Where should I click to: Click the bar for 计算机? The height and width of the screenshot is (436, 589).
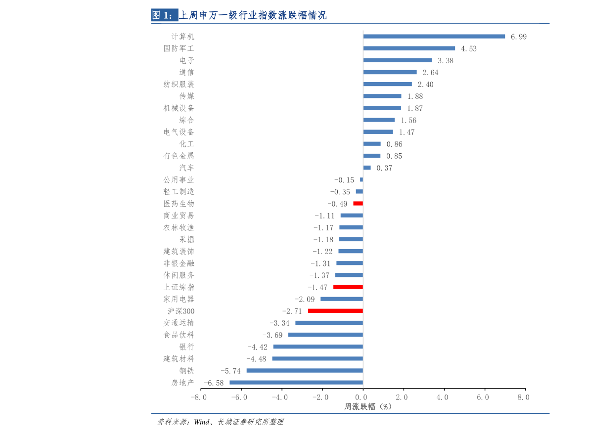pyautogui.click(x=434, y=36)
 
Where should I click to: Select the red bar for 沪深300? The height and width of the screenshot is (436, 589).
pyautogui.click(x=335, y=311)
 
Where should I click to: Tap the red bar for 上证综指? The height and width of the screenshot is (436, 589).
pyautogui.click(x=348, y=287)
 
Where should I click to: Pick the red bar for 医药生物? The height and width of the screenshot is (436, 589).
pyautogui.click(x=358, y=204)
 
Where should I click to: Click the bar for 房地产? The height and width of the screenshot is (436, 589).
pyautogui.click(x=296, y=383)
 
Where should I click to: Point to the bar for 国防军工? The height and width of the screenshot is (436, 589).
pyautogui.click(x=409, y=48)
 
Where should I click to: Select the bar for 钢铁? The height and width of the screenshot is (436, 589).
pyautogui.click(x=305, y=371)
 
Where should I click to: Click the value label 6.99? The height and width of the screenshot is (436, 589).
pyautogui.click(x=518, y=37)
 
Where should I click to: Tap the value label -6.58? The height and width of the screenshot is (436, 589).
pyautogui.click(x=214, y=383)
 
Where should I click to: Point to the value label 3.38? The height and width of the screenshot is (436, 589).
pyautogui.click(x=445, y=61)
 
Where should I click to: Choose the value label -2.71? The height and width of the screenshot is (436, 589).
pyautogui.click(x=292, y=311)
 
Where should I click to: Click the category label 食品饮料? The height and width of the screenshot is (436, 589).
pyautogui.click(x=179, y=335)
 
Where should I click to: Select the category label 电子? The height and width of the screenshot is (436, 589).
pyautogui.click(x=186, y=61)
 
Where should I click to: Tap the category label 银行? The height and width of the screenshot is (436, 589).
pyautogui.click(x=186, y=347)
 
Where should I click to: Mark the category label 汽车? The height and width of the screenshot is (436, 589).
pyautogui.click(x=186, y=168)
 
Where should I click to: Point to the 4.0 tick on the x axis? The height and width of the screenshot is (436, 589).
pyautogui.click(x=444, y=397)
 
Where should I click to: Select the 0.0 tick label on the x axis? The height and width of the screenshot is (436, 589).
pyautogui.click(x=362, y=397)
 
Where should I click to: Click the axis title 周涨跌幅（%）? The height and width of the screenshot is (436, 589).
pyautogui.click(x=367, y=407)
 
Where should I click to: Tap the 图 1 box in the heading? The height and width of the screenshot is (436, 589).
pyautogui.click(x=164, y=15)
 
